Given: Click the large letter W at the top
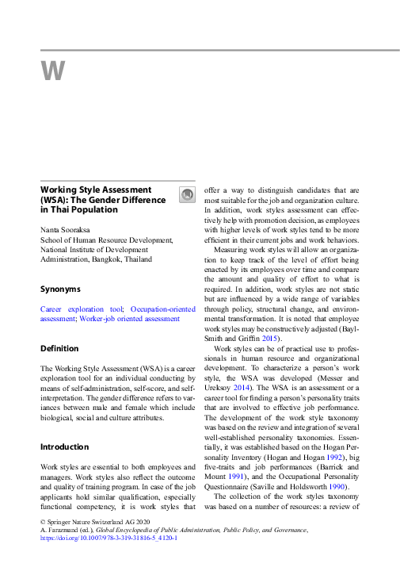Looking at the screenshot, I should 52,71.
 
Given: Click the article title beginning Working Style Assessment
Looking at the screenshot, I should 103,200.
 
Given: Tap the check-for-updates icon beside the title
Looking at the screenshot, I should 186,195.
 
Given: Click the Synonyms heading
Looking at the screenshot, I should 61,289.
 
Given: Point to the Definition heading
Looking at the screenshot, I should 59,348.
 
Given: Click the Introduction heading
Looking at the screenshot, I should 66,446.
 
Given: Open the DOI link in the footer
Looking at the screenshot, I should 109,537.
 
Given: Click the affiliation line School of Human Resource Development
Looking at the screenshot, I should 107,239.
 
